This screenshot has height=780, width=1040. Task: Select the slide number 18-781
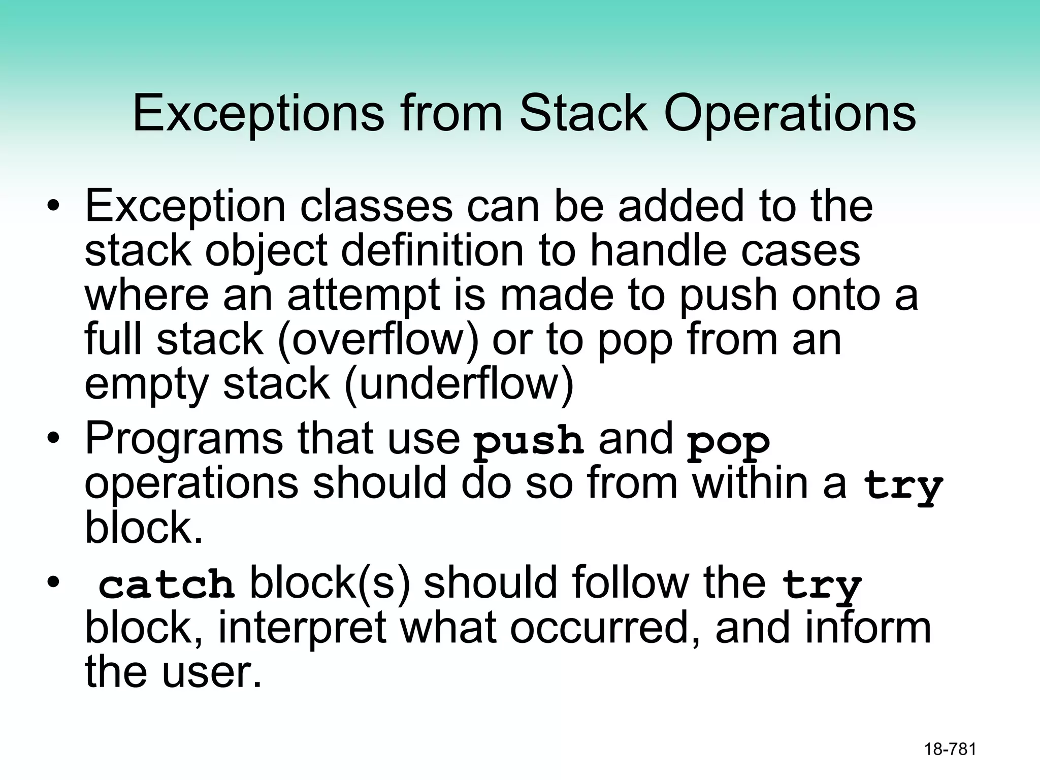[x=950, y=749]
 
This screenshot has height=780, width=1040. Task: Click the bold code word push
[x=528, y=441]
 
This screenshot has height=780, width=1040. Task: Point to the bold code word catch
[x=166, y=584]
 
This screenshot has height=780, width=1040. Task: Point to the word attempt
[x=364, y=295]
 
